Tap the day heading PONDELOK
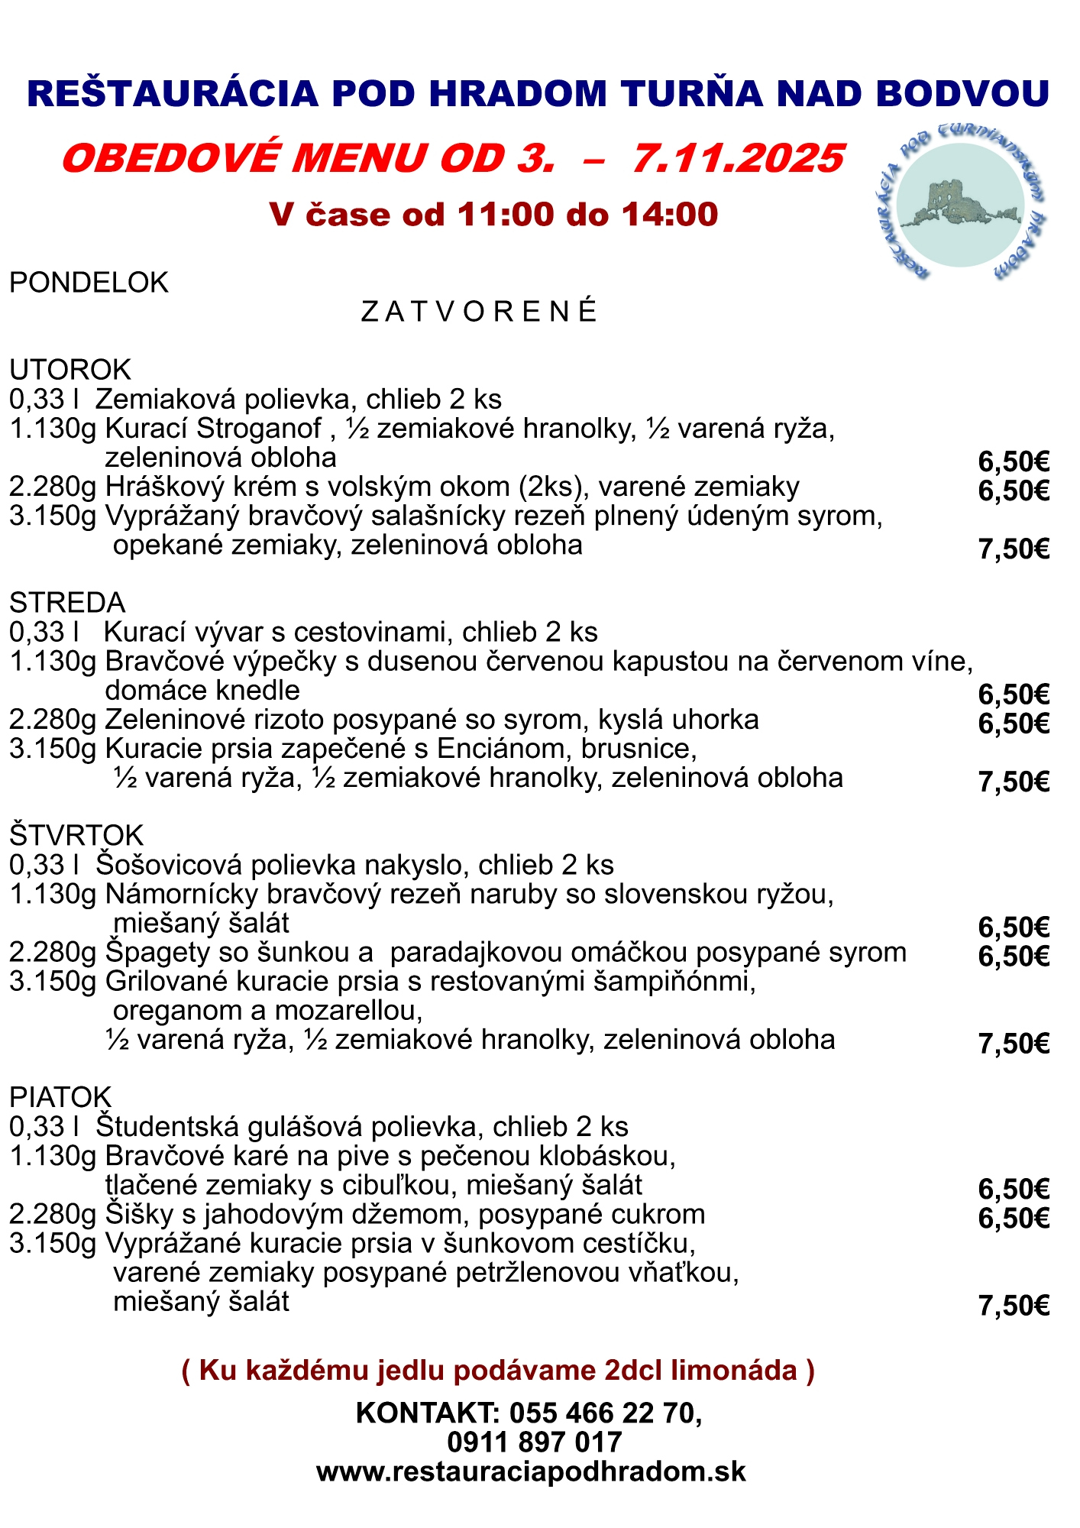pos(89,283)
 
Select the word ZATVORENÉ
pos(479,312)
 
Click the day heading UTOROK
pos(70,370)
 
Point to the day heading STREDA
pos(67,603)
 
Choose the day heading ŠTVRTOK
pos(76,835)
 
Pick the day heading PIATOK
pos(60,1097)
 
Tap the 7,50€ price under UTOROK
pos(1014,549)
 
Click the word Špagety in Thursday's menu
pos(157,953)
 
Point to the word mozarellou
pos(348,1011)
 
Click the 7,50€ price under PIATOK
pos(1014,1306)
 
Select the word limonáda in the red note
pos(734,1371)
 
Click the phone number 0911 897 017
pos(535,1442)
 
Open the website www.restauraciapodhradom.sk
pos(531,1471)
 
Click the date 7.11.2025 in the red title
pos(738,158)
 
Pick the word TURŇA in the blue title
pos(692,94)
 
